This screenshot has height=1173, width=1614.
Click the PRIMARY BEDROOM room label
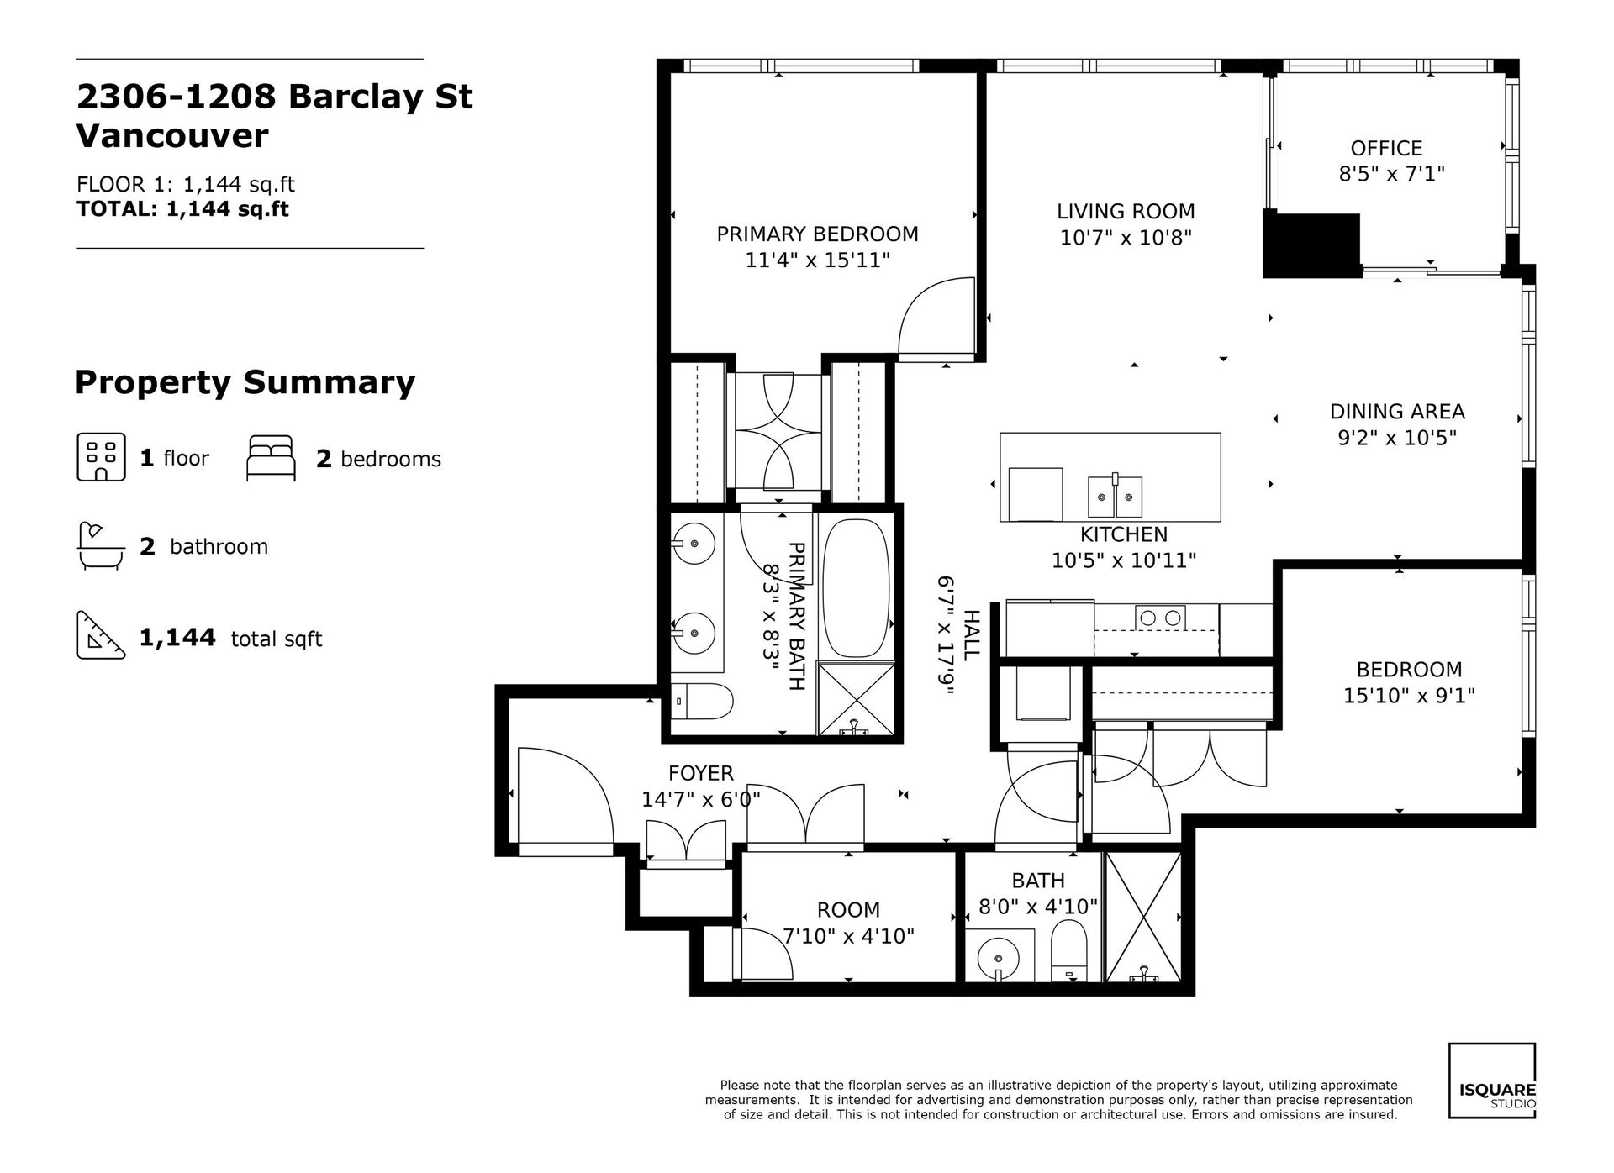point(817,234)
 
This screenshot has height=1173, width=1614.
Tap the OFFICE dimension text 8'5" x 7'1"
point(1391,174)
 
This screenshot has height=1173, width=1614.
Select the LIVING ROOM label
point(1126,212)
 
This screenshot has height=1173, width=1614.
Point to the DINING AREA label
point(1397,412)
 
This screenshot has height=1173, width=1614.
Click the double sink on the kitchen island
point(1116,497)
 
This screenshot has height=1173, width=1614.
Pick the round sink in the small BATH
point(997,958)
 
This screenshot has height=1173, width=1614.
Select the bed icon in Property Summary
point(271,458)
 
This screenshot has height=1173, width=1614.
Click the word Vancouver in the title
point(172,136)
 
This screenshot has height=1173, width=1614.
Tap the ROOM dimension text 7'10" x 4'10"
point(849,936)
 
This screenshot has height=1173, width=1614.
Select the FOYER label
point(701,773)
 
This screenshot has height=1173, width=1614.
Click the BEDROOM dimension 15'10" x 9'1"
point(1410,696)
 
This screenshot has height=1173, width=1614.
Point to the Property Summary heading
point(245,383)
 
